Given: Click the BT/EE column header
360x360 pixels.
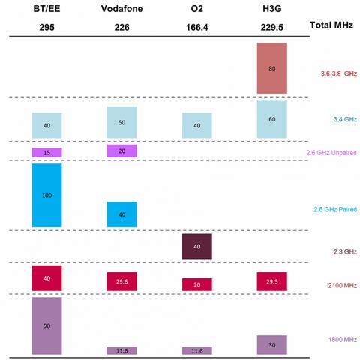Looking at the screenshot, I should coord(46,7).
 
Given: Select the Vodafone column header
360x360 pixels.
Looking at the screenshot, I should coord(121,7).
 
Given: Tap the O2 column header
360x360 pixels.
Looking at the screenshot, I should coord(196,7).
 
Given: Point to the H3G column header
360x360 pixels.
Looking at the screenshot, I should coord(271,7).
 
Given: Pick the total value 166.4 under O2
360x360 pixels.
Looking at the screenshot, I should coord(196,25).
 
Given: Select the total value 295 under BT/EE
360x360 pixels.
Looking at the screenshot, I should coord(46,25).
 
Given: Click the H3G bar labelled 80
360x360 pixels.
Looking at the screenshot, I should coord(271,67).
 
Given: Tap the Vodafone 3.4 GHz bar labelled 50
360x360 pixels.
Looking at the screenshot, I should coord(121,121).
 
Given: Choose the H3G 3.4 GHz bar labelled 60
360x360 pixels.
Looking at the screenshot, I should coord(271,118).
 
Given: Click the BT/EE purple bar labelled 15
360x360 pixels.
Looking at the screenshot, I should coord(46,152).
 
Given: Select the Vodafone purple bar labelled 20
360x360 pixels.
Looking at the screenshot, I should coord(121,151).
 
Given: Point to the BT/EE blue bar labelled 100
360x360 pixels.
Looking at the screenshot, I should coord(46,195).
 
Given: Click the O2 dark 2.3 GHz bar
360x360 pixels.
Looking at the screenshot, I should coord(196,246).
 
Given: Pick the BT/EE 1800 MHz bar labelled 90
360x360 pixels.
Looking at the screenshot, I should coord(46,325).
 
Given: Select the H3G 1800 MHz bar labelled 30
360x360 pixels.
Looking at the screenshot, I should coord(271,344).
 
